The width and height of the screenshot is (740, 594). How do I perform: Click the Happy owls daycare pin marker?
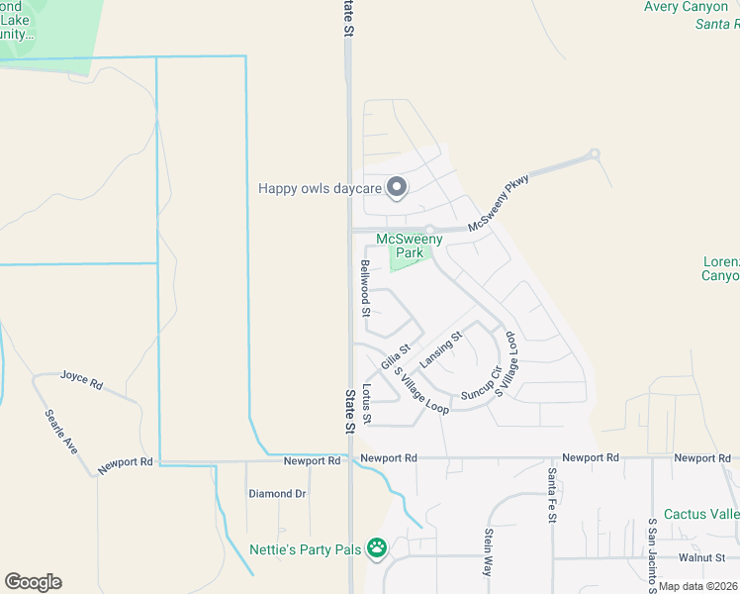397,187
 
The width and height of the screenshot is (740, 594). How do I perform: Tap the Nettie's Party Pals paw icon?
376,546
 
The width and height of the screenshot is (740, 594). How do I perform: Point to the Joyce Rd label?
81,376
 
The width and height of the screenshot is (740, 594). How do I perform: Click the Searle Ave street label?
59,432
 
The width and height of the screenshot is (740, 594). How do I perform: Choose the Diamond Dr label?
277,493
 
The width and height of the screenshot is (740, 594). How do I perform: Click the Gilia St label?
396,354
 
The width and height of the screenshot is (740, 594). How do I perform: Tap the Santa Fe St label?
552,496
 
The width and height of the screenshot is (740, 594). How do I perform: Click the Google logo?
33,582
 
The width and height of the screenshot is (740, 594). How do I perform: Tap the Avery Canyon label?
686,7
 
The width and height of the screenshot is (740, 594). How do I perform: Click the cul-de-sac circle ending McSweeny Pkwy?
594,154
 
